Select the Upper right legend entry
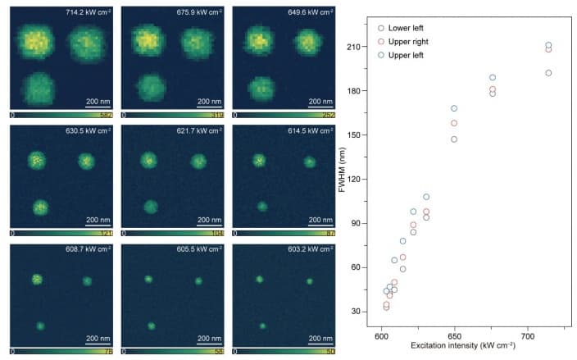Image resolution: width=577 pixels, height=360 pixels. [x=415, y=41]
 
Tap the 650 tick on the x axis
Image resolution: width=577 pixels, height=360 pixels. [x=453, y=338]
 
